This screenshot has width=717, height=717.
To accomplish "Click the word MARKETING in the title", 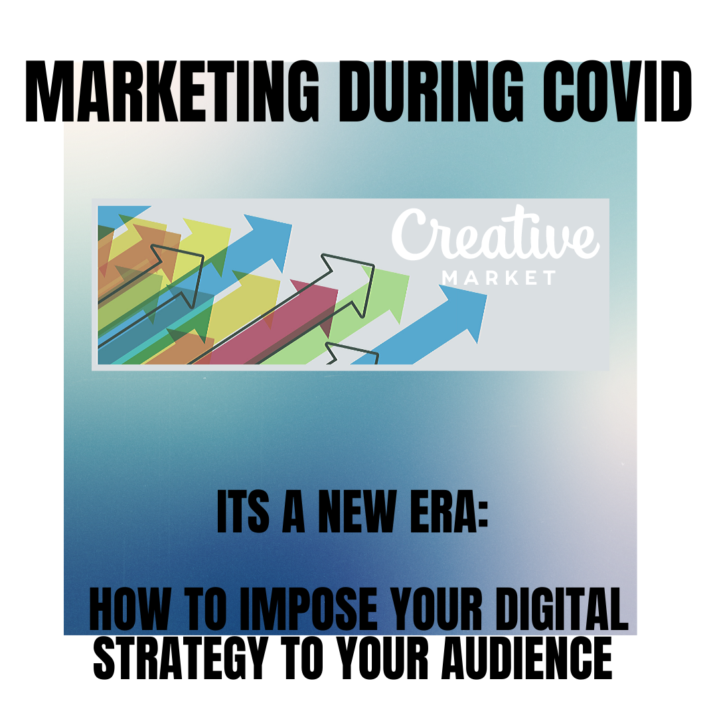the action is pos(172,92).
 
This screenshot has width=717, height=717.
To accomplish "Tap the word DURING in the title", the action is pos(430,92).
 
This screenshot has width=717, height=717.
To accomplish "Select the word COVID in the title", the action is pos(617,92).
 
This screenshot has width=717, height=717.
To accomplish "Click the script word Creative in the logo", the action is pos(495,233).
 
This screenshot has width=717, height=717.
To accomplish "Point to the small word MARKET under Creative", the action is pos(499,278).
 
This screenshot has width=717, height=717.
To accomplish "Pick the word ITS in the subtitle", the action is pos(242,512).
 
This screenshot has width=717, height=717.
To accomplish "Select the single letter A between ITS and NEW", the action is pos(293,512).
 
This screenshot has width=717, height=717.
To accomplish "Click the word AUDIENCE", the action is pos(526,659).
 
